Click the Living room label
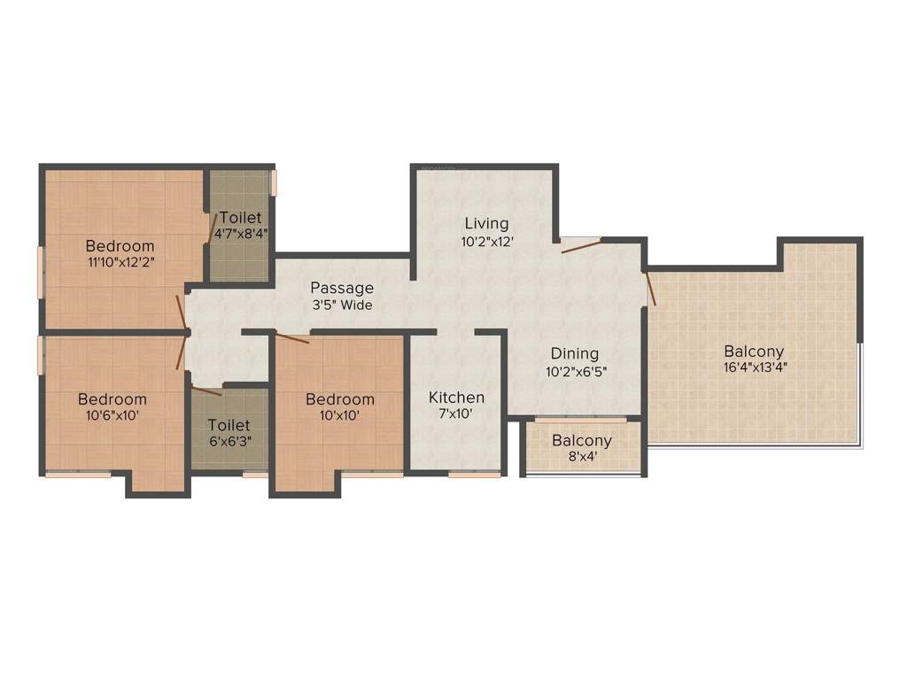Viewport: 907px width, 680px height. point(486,222)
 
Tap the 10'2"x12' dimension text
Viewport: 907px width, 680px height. point(486,241)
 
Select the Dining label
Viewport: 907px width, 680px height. point(573,353)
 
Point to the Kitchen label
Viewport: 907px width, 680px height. point(456,397)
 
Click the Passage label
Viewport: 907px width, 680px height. point(341,288)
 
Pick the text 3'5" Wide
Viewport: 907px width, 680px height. point(341,305)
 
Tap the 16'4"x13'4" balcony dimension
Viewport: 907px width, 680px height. point(754,367)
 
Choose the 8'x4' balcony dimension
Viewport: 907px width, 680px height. point(582,457)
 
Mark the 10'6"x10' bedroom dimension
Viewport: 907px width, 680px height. point(112,415)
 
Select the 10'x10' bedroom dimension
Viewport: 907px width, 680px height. point(339,415)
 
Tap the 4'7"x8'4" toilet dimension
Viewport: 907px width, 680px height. point(241,235)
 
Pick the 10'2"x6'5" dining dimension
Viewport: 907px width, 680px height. point(576,372)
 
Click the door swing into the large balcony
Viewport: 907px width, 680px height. point(651,288)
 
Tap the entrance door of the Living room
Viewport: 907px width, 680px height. point(580,244)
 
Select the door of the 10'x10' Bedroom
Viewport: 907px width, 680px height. point(292,337)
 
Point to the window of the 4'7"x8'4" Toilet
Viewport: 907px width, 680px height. point(274,182)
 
